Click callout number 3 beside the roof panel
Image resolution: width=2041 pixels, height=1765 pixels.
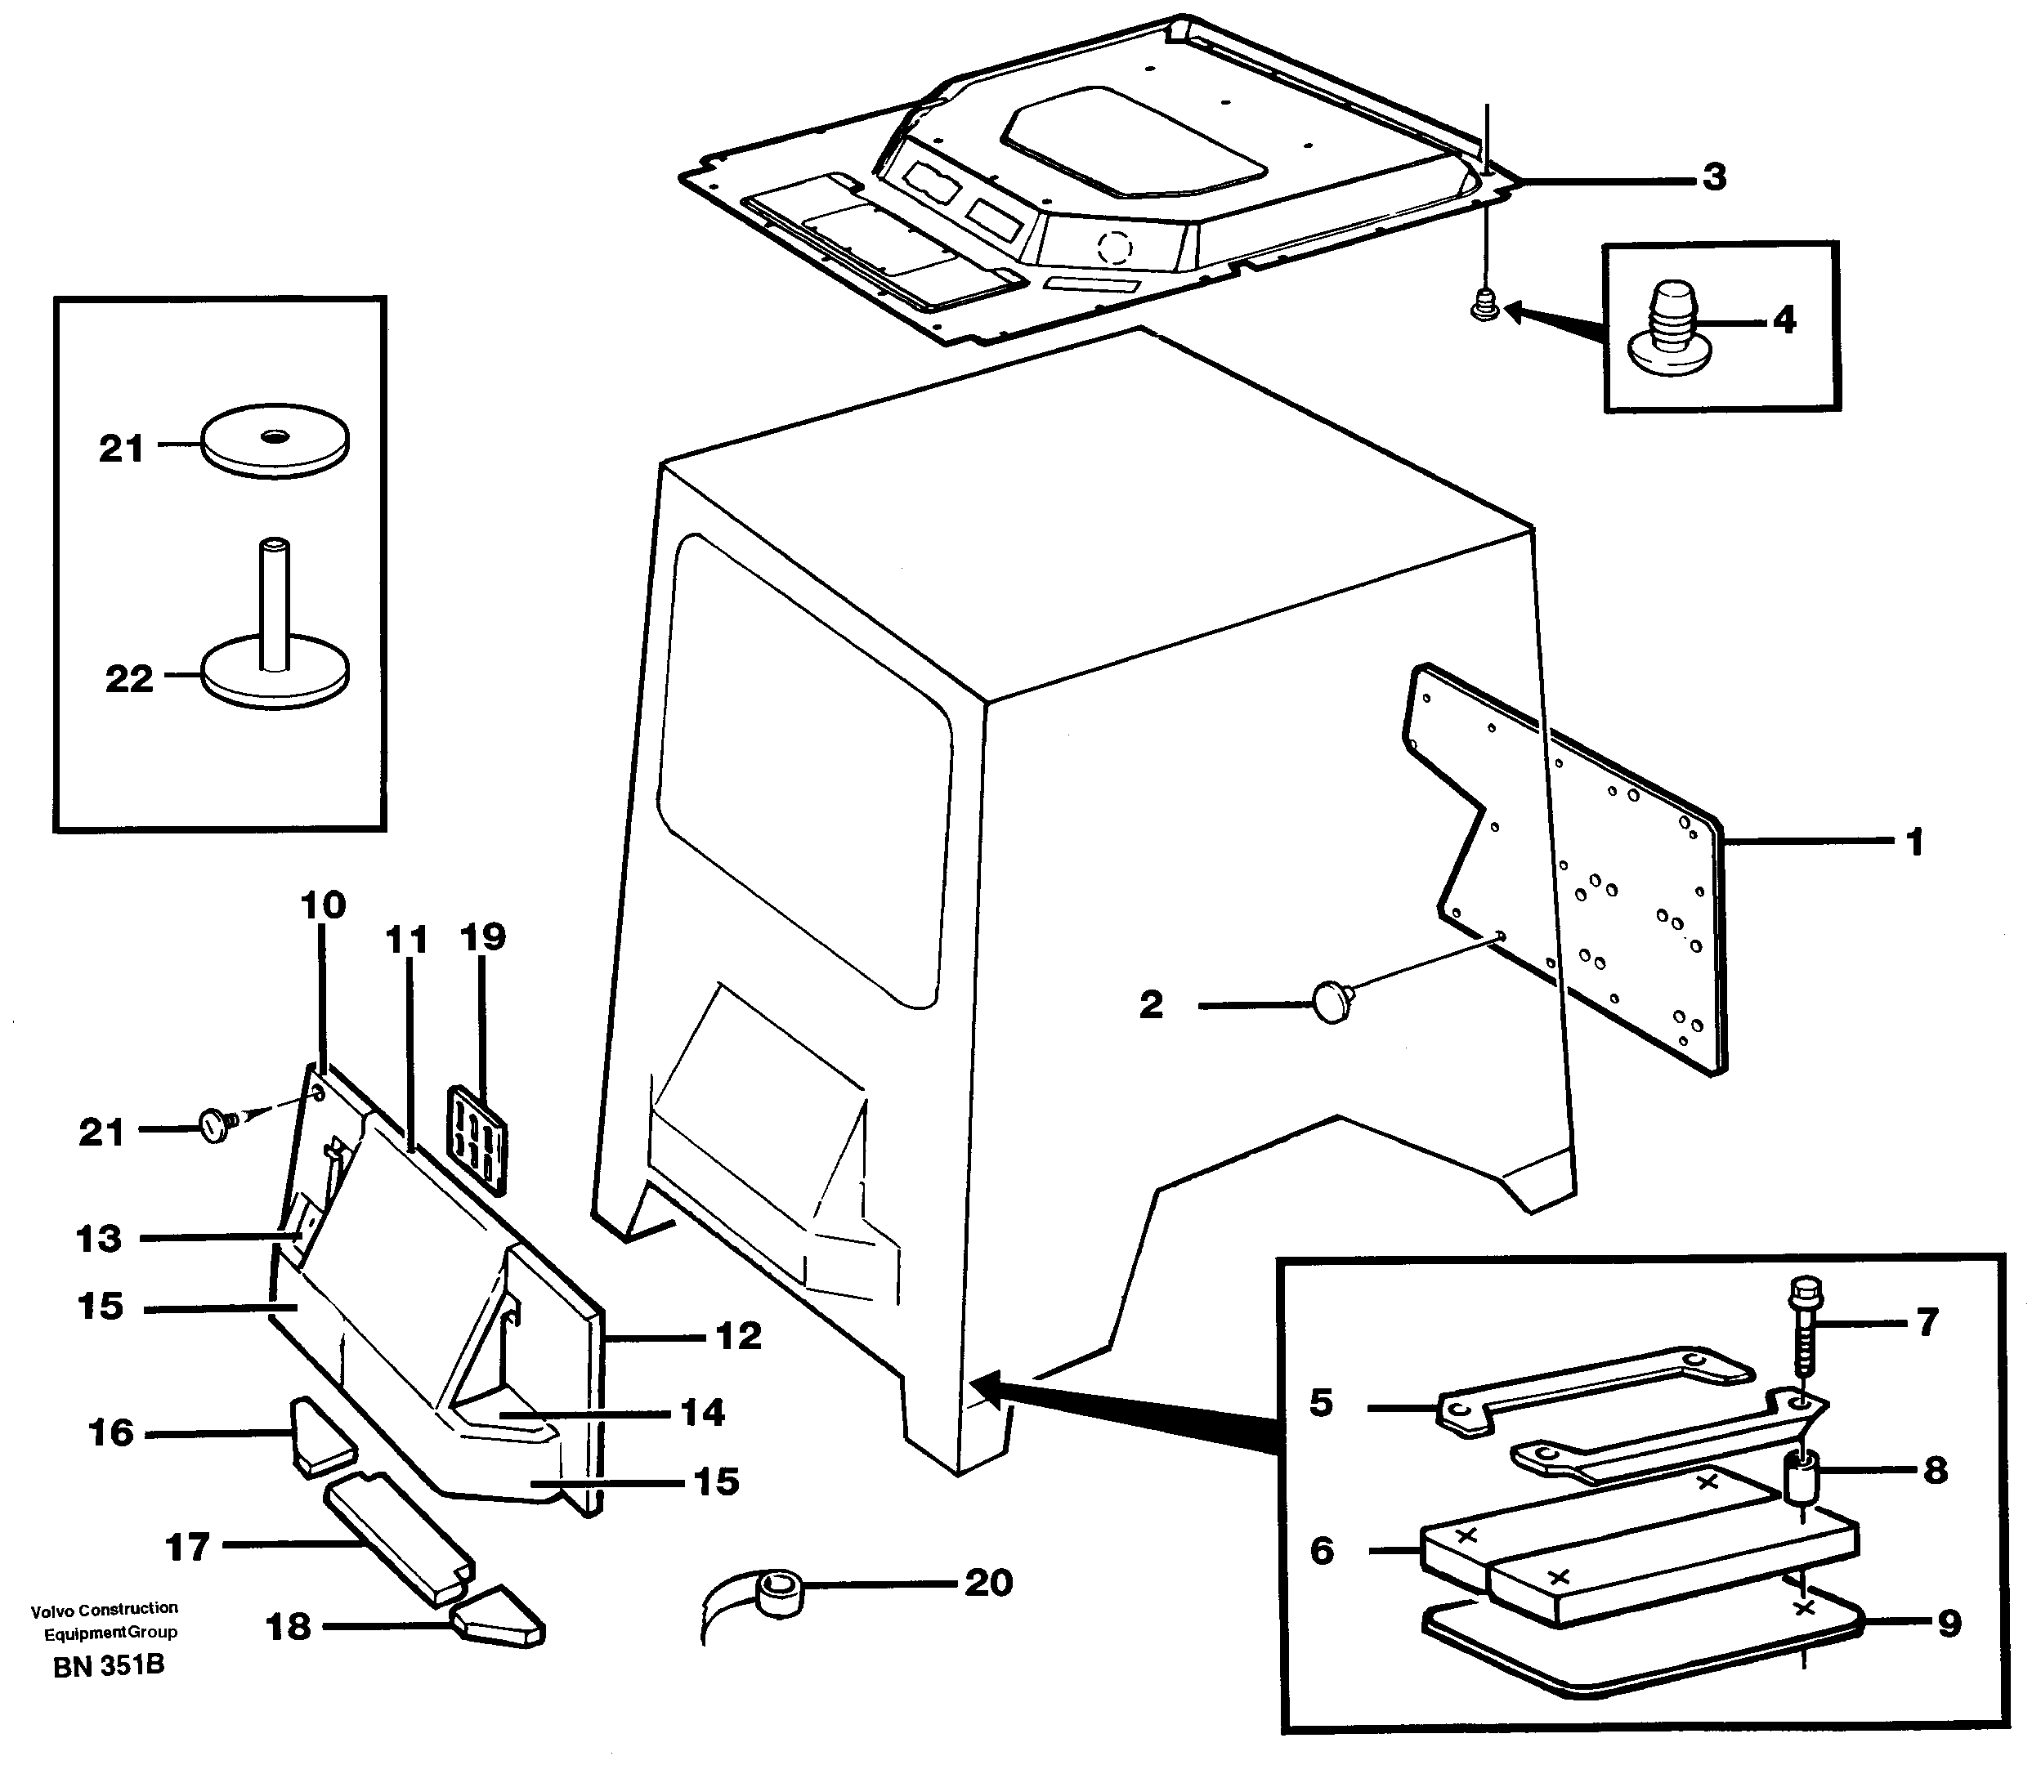[x=1714, y=177]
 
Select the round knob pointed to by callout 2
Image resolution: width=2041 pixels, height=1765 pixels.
[x=1332, y=1003]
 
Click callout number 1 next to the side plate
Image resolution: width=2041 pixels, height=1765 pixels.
[x=1914, y=842]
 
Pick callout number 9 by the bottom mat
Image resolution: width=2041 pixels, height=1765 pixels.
[x=1949, y=1623]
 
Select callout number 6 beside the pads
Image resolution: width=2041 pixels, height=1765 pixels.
[x=1322, y=1550]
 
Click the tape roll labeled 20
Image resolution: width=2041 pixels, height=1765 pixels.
[x=780, y=1593]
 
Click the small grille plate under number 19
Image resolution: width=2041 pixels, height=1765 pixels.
[x=477, y=1140]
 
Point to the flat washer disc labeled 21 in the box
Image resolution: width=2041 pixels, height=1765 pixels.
[x=275, y=440]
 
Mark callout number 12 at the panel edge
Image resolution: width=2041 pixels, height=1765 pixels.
[x=738, y=1337]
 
